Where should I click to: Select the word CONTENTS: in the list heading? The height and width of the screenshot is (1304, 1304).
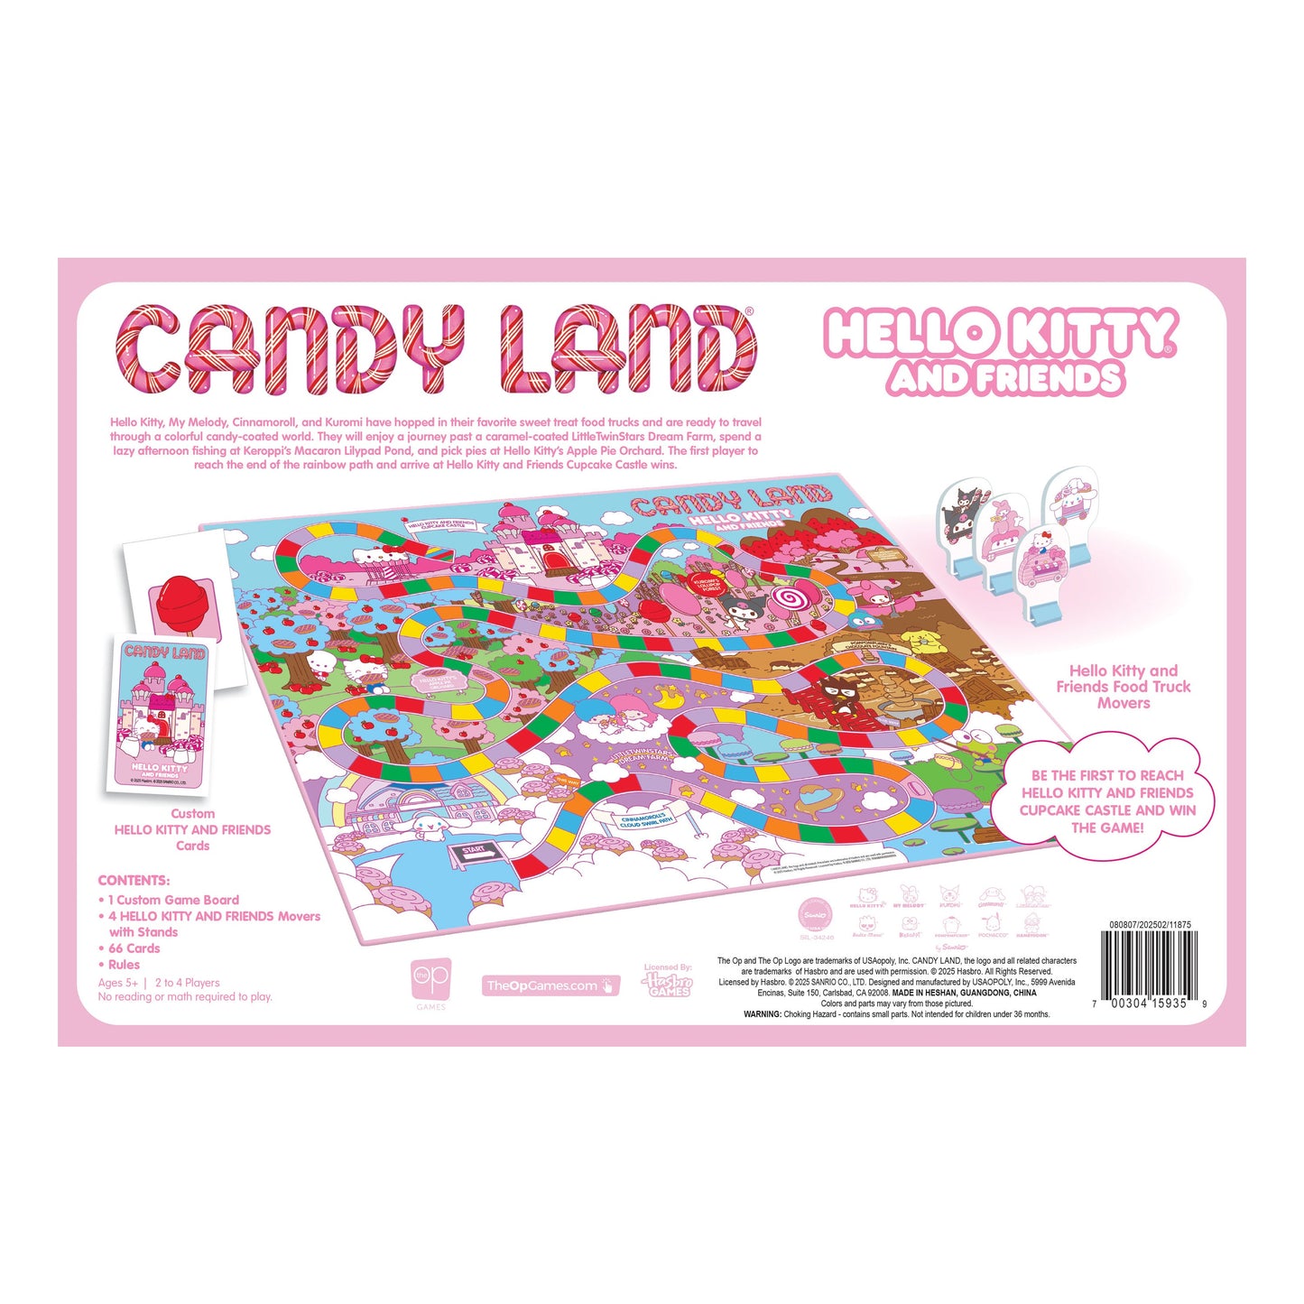134,881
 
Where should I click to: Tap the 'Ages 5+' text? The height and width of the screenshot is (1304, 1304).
118,983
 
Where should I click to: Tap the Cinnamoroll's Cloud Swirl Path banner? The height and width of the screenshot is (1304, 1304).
647,819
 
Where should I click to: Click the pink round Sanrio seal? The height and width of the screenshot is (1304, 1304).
815,915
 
